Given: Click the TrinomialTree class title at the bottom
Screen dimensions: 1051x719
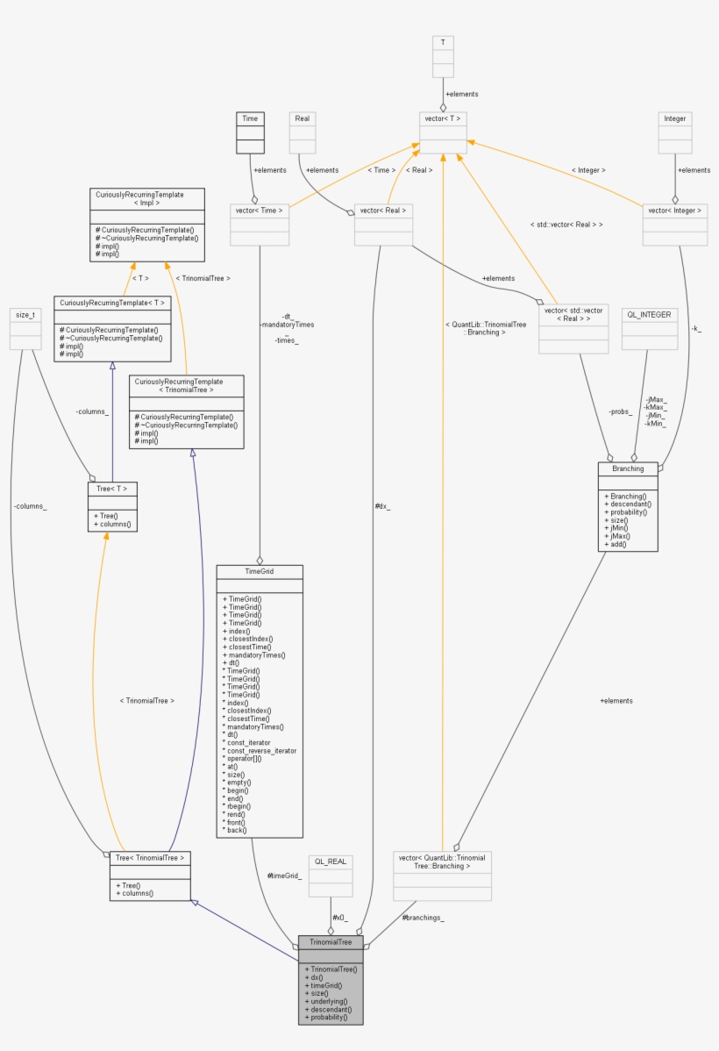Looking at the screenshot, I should (x=331, y=942).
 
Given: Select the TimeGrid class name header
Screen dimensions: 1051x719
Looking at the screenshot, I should (x=260, y=570).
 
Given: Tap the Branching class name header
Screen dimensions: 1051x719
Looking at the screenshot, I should (x=628, y=468).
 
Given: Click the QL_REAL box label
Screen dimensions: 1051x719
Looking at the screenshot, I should (x=331, y=862).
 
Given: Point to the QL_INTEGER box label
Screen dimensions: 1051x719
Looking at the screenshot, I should (x=650, y=314).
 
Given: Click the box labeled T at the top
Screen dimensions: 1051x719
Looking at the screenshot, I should (x=443, y=41).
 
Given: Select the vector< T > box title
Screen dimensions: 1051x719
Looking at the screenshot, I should (x=443, y=118).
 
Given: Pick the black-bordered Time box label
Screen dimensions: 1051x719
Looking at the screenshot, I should (x=250, y=118).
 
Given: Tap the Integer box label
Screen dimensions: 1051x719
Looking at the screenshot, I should (x=675, y=118).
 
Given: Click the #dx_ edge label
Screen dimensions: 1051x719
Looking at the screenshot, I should (x=382, y=506).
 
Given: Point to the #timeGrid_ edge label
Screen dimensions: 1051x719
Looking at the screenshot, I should (x=285, y=876).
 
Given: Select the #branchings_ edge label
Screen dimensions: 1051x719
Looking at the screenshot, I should (x=424, y=918).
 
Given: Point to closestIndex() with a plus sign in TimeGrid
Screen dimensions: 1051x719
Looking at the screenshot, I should (x=249, y=639).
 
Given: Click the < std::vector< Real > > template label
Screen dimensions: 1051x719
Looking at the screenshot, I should (x=567, y=225).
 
